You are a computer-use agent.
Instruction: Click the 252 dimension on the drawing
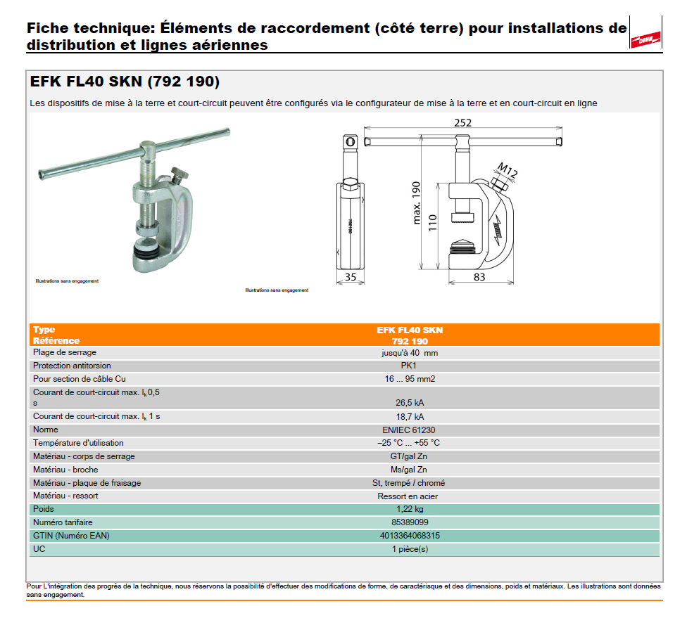pyautogui.click(x=462, y=123)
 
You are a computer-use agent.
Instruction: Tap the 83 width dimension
pyautogui.click(x=479, y=276)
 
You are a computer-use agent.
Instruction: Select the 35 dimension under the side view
pyautogui.click(x=351, y=276)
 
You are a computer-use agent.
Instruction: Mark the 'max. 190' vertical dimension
pyautogui.click(x=416, y=202)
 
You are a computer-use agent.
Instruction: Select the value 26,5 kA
pyautogui.click(x=410, y=403)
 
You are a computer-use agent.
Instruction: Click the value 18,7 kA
pyautogui.click(x=410, y=416)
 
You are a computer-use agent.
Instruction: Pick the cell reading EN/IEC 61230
pyautogui.click(x=410, y=430)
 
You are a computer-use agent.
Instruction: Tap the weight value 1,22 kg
pyautogui.click(x=410, y=509)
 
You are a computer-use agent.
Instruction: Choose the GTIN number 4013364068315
pyautogui.click(x=410, y=536)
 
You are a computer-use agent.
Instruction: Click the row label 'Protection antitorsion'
pyautogui.click(x=72, y=366)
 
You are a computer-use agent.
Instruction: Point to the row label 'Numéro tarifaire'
pyautogui.click(x=63, y=522)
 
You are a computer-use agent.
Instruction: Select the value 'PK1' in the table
pyautogui.click(x=410, y=366)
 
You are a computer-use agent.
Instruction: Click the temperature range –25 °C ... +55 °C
pyautogui.click(x=410, y=443)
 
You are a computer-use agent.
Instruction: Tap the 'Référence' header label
pyautogui.click(x=56, y=341)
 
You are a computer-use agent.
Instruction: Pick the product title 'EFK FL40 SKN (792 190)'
pyautogui.click(x=125, y=82)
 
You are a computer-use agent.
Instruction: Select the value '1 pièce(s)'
pyautogui.click(x=410, y=549)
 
